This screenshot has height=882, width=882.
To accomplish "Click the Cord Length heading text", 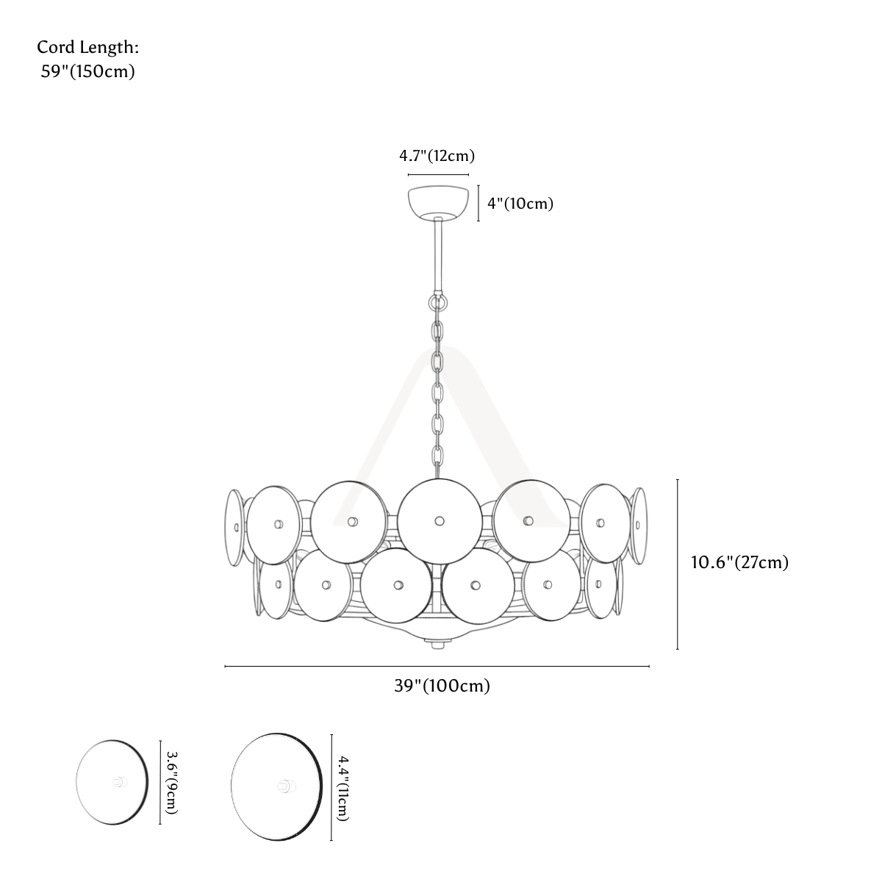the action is (88, 47).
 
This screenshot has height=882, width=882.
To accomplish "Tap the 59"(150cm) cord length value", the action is (88, 71).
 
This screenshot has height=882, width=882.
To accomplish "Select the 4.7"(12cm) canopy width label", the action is (437, 156).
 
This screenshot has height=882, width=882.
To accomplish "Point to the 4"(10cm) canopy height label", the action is (520, 204).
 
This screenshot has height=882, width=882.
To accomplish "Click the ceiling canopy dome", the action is (438, 203).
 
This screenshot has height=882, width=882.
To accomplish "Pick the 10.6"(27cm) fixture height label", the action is (740, 562).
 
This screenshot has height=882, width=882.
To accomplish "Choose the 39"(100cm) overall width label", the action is (442, 686).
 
